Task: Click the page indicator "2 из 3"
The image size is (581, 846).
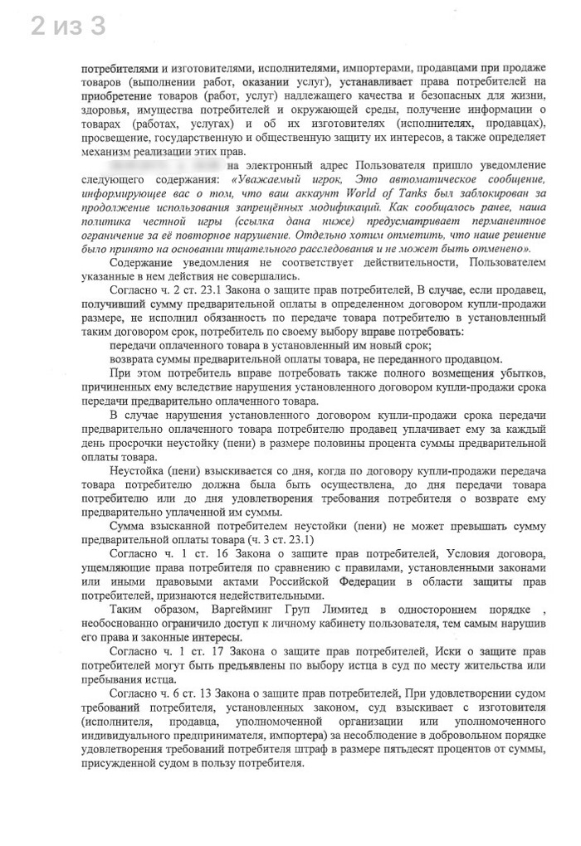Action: click(68, 27)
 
